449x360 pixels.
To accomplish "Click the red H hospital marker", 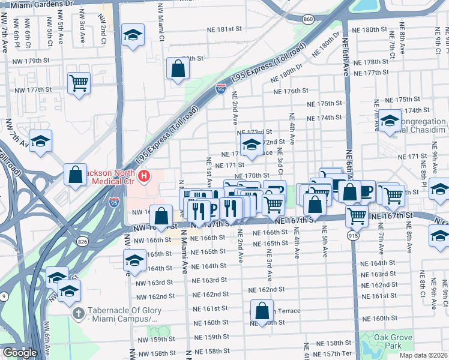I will (x=144, y=176).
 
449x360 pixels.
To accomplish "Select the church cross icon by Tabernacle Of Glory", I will (x=78, y=313).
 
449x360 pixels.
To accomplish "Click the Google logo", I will (x=20, y=353).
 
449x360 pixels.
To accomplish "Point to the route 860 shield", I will (x=308, y=20).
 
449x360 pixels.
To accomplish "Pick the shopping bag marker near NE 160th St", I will (x=262, y=311).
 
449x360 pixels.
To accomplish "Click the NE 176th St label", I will (x=291, y=91).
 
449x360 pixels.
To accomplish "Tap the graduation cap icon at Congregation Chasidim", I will (x=389, y=122).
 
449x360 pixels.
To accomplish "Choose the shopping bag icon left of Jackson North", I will (x=76, y=176).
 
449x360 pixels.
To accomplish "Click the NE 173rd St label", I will (x=255, y=132).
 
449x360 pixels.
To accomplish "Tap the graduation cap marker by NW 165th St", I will (x=134, y=260).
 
